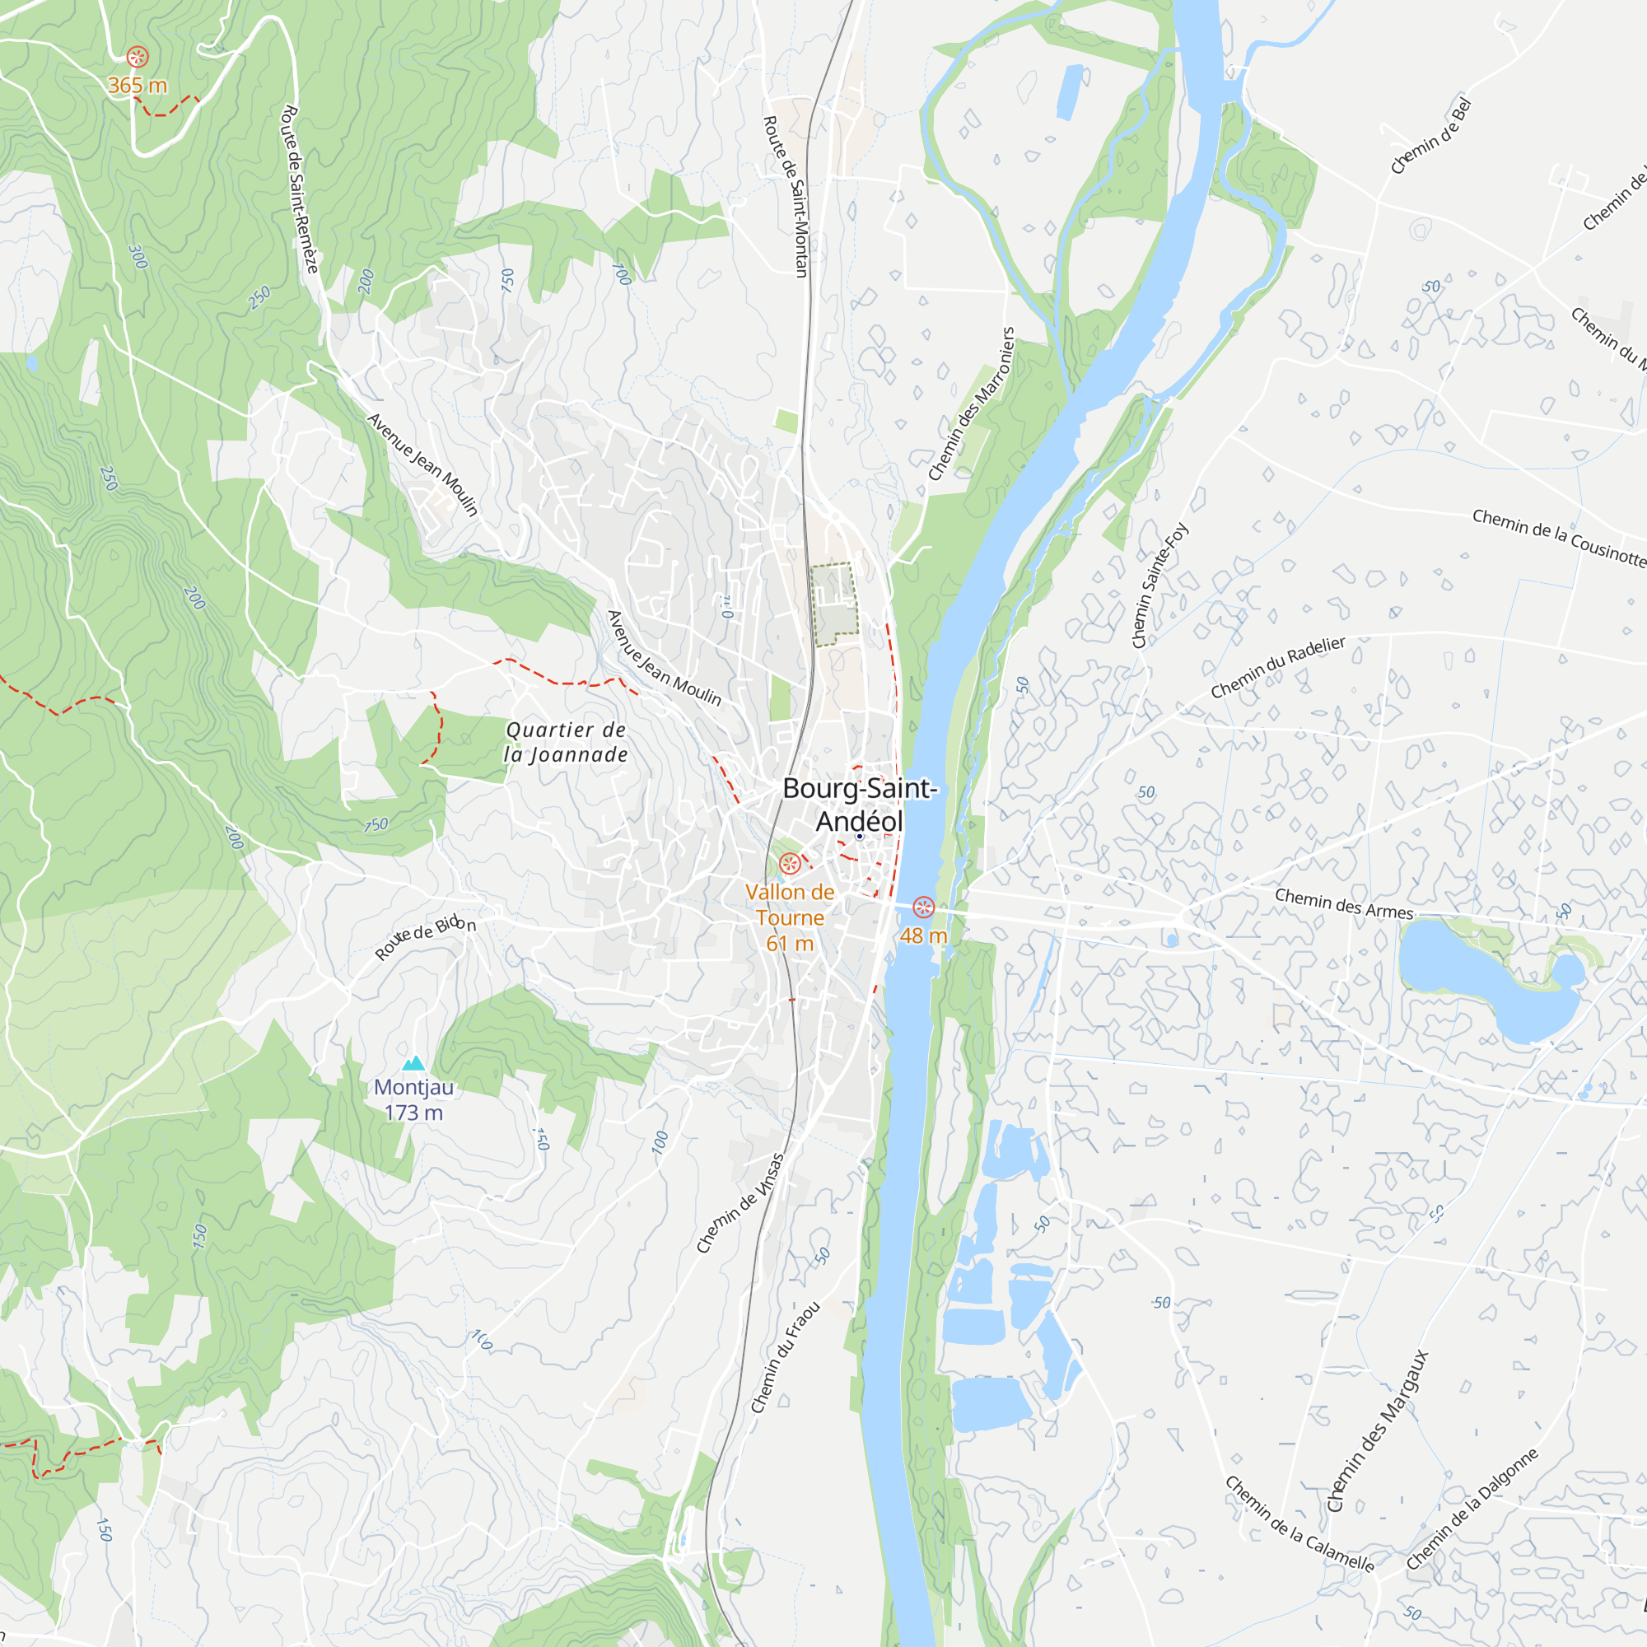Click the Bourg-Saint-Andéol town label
click(x=859, y=804)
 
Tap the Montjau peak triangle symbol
click(x=413, y=1062)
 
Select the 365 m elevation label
click(x=138, y=86)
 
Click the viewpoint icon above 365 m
click(x=138, y=57)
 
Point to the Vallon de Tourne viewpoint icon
click(x=791, y=864)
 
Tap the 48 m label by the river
click(x=923, y=936)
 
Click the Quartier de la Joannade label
click(x=566, y=742)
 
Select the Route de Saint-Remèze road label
click(x=299, y=189)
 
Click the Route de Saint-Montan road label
click(x=785, y=197)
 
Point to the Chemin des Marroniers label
click(x=972, y=404)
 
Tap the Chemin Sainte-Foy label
click(x=1159, y=586)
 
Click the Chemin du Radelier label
click(x=1277, y=667)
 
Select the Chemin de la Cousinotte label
click(x=1559, y=537)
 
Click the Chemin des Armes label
click(x=1343, y=903)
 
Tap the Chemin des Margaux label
click(x=1377, y=1431)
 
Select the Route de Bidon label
click(x=427, y=937)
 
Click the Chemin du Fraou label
click(x=785, y=1357)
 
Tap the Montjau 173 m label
click(x=413, y=1099)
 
